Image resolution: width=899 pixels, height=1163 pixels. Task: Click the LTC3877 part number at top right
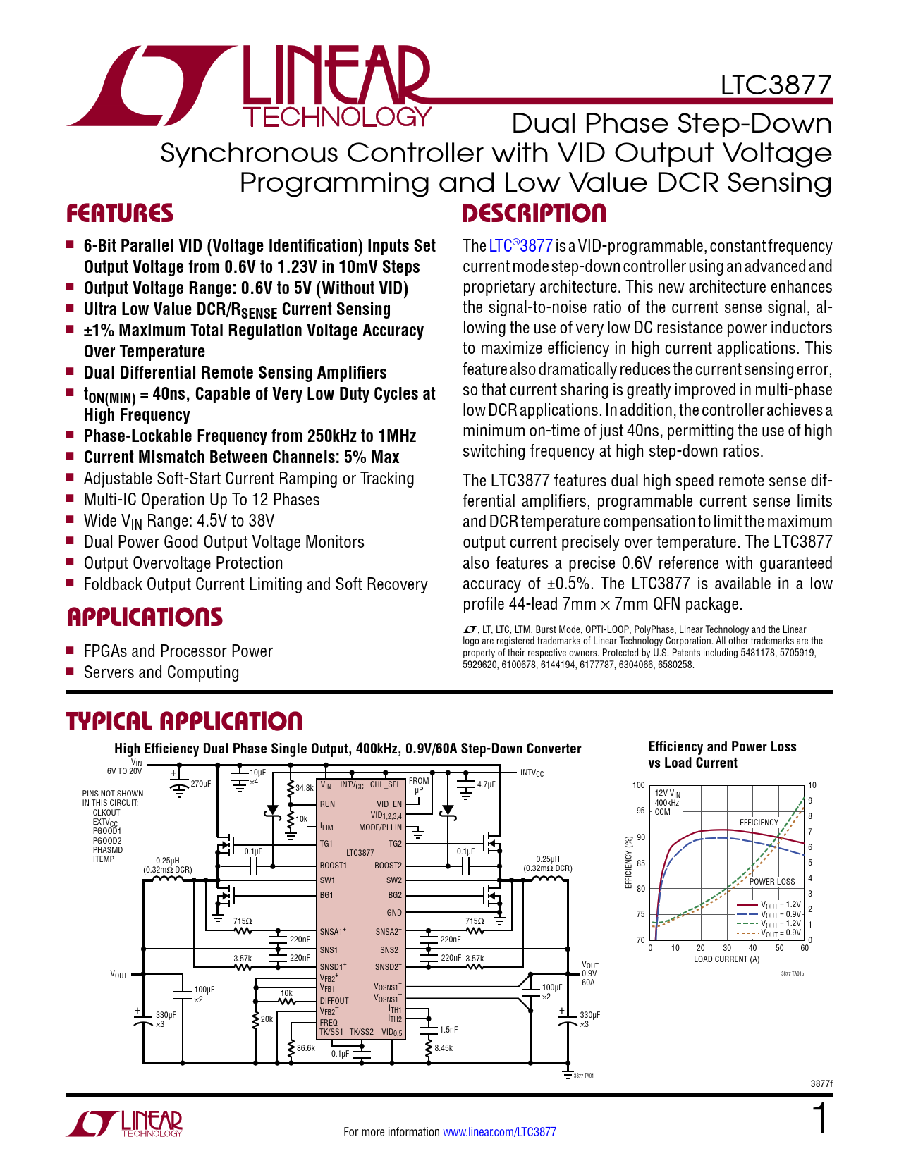(x=776, y=85)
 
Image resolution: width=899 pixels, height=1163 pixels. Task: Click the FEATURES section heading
(x=120, y=214)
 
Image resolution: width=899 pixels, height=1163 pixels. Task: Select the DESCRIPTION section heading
(x=534, y=214)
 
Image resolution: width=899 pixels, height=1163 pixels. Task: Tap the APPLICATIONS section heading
(x=145, y=617)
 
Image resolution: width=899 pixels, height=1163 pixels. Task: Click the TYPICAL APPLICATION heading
(x=184, y=721)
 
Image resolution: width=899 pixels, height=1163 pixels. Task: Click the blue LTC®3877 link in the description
(x=520, y=246)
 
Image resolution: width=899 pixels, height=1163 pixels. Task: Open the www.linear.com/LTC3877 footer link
(x=499, y=1132)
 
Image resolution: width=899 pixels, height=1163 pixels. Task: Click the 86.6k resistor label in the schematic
(x=306, y=1048)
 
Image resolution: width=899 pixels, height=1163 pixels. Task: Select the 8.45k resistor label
(x=444, y=1048)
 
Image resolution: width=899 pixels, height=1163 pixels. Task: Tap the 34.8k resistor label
(x=305, y=788)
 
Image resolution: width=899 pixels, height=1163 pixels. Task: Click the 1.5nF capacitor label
(x=448, y=1030)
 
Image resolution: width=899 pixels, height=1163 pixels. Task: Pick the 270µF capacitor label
(x=201, y=784)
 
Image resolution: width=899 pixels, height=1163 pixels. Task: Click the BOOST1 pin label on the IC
(x=334, y=866)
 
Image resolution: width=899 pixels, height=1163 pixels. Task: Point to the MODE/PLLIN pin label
(x=380, y=827)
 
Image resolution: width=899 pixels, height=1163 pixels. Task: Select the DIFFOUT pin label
(x=334, y=1001)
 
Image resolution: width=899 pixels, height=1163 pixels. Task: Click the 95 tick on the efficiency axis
(x=640, y=811)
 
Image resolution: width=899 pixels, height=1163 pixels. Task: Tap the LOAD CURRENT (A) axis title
(x=726, y=959)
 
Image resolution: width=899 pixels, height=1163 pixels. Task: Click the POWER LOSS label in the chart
(x=771, y=882)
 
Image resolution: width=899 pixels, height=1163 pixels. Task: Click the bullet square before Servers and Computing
(x=70, y=672)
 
